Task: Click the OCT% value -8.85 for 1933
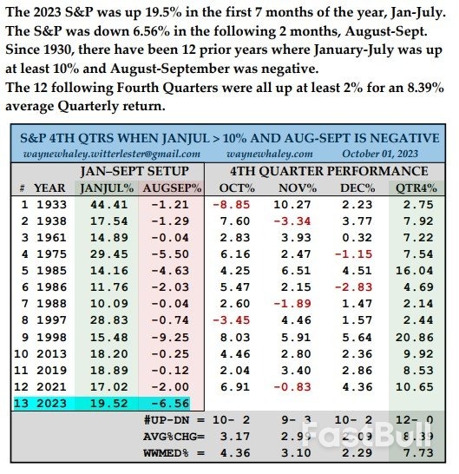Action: tap(229, 203)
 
